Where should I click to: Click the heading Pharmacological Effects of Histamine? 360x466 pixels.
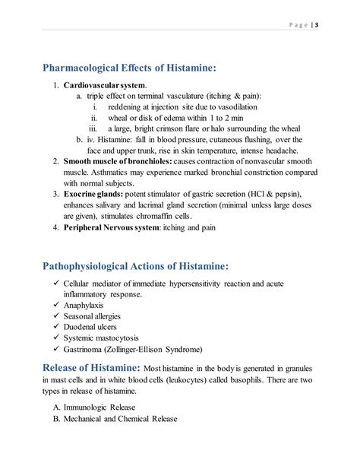pyautogui.click(x=130, y=68)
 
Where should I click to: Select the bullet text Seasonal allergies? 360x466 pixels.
pyautogui.click(x=103, y=315)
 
